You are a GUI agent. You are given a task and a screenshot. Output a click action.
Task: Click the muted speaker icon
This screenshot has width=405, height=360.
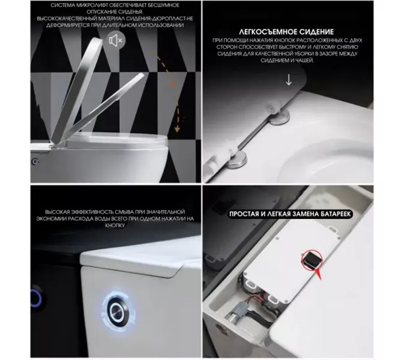pyautogui.click(x=116, y=40)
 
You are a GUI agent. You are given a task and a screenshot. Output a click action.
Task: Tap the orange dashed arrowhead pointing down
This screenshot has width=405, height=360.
pyautogui.click(x=177, y=129)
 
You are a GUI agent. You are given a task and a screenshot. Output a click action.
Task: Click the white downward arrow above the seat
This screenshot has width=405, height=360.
pyautogui.click(x=289, y=80)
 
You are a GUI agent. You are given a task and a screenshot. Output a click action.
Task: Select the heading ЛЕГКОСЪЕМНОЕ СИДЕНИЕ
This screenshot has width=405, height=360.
pyautogui.click(x=286, y=32)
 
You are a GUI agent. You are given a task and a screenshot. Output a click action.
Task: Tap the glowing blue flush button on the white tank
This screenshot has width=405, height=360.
pyautogui.click(x=118, y=310)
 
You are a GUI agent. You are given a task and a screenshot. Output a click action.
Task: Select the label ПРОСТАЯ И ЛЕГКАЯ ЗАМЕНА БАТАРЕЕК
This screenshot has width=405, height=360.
pyautogui.click(x=290, y=214)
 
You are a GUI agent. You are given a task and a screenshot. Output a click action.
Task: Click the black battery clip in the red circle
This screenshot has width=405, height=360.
pyautogui.click(x=311, y=259)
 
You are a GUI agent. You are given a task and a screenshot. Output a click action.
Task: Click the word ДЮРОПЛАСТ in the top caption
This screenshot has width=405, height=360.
pyautogui.click(x=165, y=19)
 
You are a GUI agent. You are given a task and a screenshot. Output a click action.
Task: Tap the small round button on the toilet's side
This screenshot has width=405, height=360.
pyautogui.click(x=35, y=161)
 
